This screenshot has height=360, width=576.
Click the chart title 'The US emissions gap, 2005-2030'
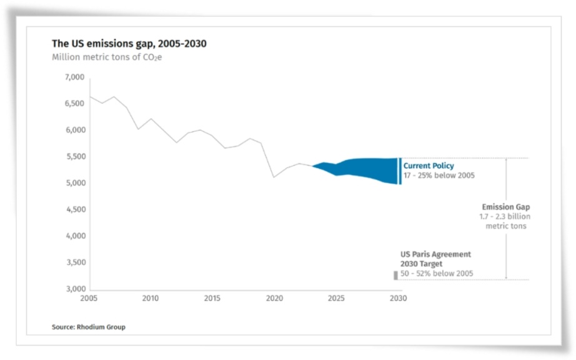coord(129,44)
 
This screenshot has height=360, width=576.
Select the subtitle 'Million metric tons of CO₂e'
coord(107,57)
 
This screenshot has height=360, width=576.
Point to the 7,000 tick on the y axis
coord(74,77)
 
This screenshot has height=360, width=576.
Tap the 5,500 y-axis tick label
coord(74,157)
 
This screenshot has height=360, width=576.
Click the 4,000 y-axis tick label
coord(74,236)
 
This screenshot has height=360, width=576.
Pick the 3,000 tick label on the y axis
coord(74,289)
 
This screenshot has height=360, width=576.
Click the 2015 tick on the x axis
coord(212,298)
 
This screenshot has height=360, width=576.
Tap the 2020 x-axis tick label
coord(274,298)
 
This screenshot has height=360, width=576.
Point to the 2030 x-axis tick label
coord(398,298)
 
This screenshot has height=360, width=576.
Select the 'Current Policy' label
coord(429,166)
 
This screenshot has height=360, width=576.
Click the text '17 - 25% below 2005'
coord(439,176)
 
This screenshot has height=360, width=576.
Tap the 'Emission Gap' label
coord(505,207)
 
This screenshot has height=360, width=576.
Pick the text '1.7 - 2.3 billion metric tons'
coord(505,221)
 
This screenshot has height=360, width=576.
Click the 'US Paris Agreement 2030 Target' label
coord(435,259)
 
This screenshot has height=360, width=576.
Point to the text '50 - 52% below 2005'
coord(437,274)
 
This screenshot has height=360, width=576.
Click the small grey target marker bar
coord(395,275)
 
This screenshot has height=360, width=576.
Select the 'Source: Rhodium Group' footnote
coord(88,327)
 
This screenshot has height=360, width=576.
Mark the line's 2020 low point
coord(274,177)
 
